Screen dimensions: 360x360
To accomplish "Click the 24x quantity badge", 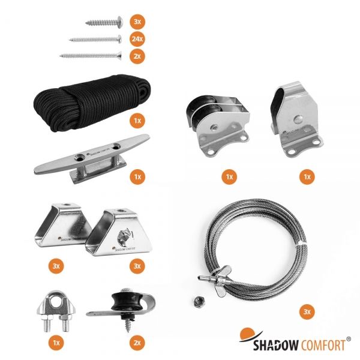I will (137, 39).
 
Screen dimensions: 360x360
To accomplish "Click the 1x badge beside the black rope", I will (137, 121).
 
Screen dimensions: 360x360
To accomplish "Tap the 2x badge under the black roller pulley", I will (137, 343).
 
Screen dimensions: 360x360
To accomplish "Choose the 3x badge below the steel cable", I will (306, 313).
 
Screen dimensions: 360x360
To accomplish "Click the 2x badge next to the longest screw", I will (137, 56).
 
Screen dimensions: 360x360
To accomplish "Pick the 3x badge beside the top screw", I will (137, 22).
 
